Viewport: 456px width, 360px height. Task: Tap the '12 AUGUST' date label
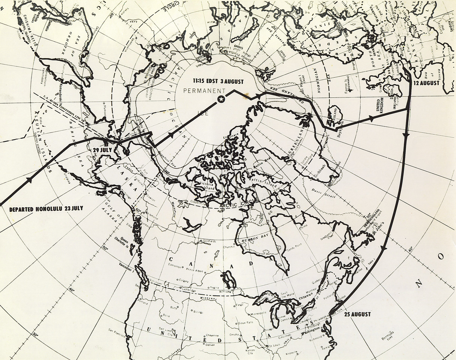click(x=426, y=83)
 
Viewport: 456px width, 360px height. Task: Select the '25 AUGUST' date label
click(x=357, y=314)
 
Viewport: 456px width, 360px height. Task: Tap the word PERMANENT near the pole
click(x=204, y=91)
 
